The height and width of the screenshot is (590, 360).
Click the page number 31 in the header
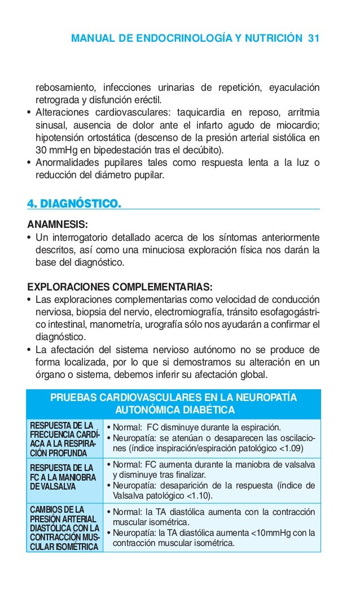314,38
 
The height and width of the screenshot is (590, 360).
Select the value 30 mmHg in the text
57,149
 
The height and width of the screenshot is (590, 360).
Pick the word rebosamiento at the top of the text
64,87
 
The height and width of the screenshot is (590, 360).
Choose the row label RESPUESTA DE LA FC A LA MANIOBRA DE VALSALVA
62,478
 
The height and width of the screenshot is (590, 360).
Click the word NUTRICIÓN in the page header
276,38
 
